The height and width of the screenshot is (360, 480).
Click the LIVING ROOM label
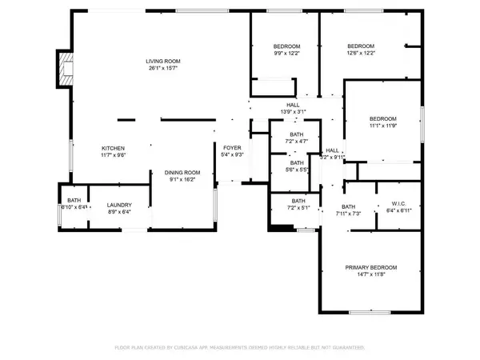[x=162, y=62]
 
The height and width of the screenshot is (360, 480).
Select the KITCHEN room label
[x=113, y=148]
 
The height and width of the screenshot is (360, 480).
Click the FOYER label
[x=231, y=147]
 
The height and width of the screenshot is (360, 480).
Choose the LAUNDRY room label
[x=119, y=205]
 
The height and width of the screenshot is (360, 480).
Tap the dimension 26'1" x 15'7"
[x=162, y=69]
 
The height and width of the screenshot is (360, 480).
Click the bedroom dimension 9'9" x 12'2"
[x=286, y=54]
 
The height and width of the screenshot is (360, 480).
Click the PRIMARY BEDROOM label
[x=370, y=267]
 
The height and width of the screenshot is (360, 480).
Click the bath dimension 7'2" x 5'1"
[x=298, y=208]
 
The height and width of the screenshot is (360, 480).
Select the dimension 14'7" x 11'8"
[x=370, y=274]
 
